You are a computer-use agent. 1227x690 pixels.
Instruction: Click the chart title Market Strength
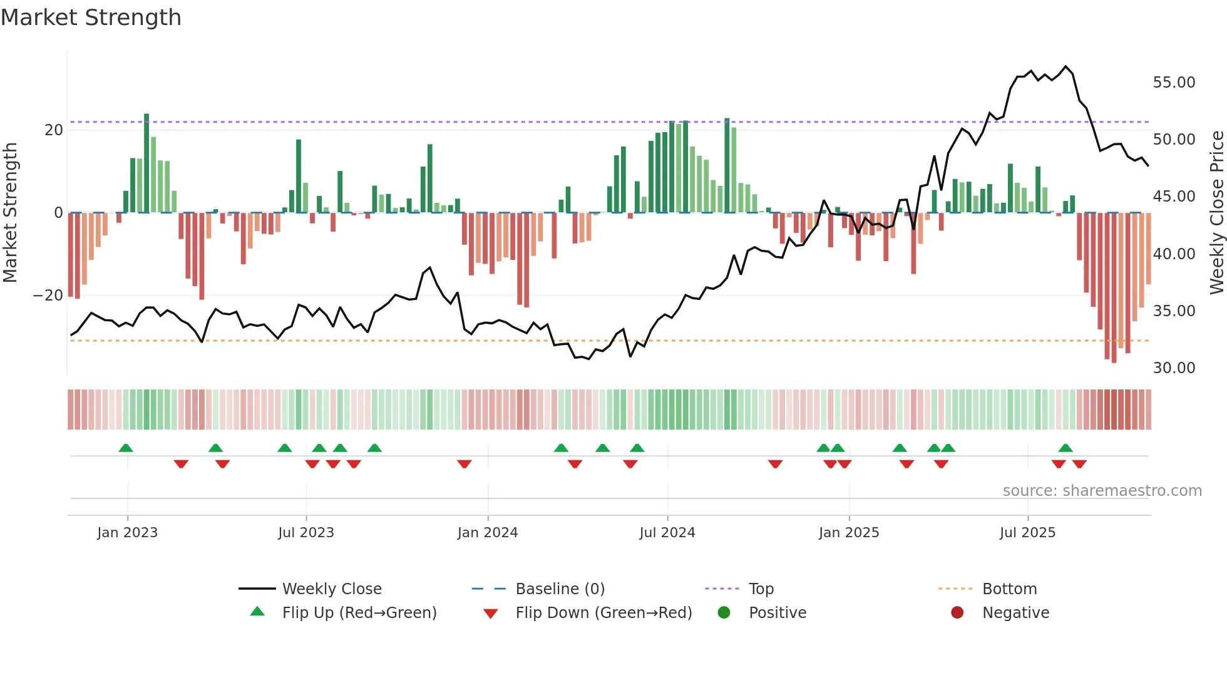91,18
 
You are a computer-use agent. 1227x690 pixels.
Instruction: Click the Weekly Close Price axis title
1216,212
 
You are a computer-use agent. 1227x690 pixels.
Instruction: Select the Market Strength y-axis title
11,212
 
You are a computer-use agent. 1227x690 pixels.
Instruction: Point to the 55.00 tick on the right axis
1174,83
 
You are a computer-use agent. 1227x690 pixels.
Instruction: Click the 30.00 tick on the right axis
1174,368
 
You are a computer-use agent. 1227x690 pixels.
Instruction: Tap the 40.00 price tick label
1174,254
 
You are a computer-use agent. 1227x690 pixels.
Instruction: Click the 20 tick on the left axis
54,130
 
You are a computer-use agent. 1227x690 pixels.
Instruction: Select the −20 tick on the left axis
48,296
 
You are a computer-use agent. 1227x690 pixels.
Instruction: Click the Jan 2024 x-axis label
488,533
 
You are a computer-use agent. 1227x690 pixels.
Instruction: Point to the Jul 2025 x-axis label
1027,533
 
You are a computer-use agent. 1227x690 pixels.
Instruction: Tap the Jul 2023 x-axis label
306,533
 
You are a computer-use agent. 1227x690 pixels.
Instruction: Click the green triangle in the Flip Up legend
257,612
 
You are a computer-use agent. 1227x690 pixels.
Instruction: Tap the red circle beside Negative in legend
957,612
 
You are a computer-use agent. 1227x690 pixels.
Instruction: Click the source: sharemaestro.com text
1102,491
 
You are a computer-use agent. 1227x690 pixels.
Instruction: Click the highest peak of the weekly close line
1065,66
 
